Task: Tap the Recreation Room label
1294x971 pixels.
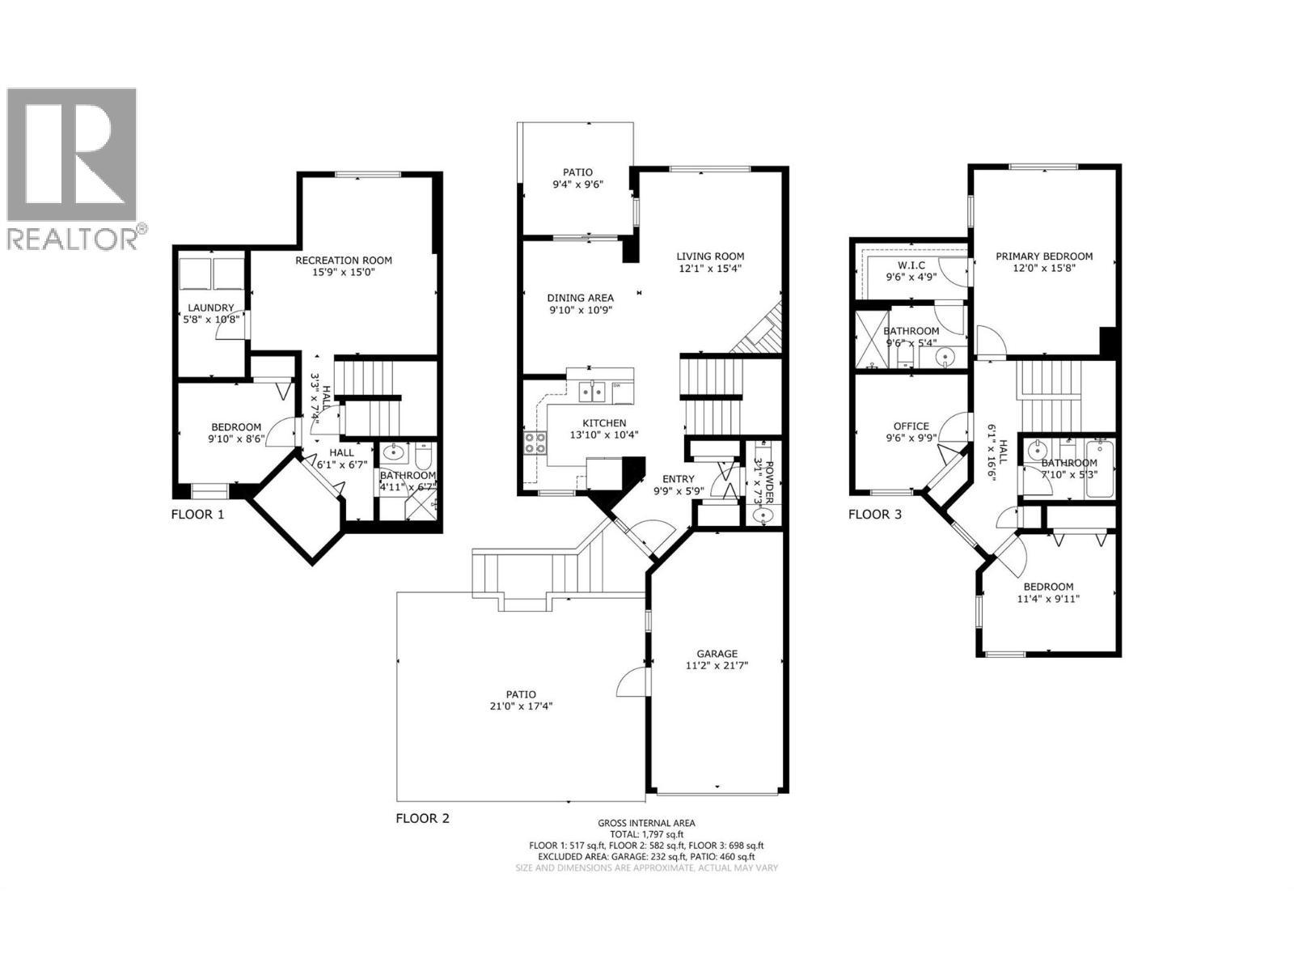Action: [x=344, y=260]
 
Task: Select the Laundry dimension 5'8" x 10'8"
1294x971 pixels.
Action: [x=210, y=320]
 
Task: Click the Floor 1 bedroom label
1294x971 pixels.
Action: [x=236, y=427]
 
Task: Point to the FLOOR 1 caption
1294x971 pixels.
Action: [x=197, y=515]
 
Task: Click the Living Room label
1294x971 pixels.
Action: [x=710, y=257]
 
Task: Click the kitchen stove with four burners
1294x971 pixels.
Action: [x=535, y=443]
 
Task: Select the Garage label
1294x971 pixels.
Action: [x=717, y=654]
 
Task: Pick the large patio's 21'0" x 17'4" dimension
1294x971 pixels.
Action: [x=521, y=706]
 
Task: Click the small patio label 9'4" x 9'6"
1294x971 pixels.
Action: [x=577, y=184]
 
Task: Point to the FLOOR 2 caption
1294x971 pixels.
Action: [x=422, y=818]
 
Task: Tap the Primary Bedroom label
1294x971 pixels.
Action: [x=1044, y=257]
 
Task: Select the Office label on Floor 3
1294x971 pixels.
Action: [x=911, y=426]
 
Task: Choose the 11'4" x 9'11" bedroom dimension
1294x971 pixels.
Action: [x=1048, y=599]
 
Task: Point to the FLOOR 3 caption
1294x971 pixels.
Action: [x=875, y=515]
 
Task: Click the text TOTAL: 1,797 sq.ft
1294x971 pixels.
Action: [x=646, y=834]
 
